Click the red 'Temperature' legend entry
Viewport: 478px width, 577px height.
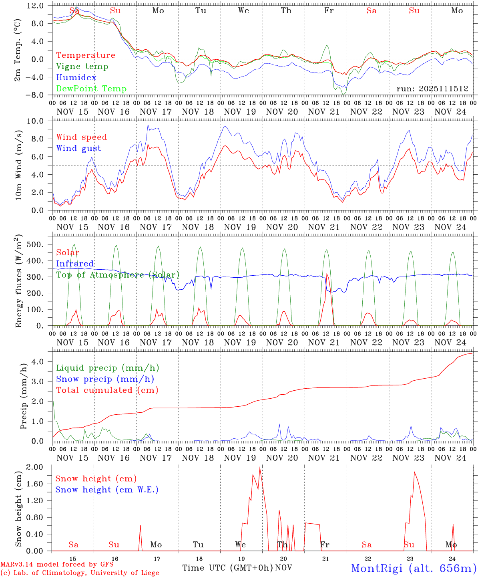(x=85, y=55)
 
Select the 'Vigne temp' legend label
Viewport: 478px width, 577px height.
(x=82, y=67)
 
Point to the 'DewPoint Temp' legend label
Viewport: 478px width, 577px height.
(x=91, y=89)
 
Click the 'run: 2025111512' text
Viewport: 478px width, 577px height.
(x=432, y=89)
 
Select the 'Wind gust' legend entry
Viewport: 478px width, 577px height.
(x=78, y=148)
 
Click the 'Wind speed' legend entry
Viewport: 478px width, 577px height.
(x=81, y=137)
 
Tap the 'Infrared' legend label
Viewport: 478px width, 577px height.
(x=75, y=264)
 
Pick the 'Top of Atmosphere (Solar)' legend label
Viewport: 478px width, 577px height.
(x=117, y=275)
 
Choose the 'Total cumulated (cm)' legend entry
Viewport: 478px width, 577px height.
(x=107, y=390)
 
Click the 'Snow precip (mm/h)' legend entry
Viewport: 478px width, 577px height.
(x=105, y=379)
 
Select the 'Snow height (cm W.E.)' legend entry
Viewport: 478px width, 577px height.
(x=106, y=490)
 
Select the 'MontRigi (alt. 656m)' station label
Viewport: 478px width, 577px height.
(x=414, y=568)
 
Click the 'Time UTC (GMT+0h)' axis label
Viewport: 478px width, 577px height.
(x=227, y=568)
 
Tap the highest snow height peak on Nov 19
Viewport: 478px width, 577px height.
(x=259, y=468)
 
